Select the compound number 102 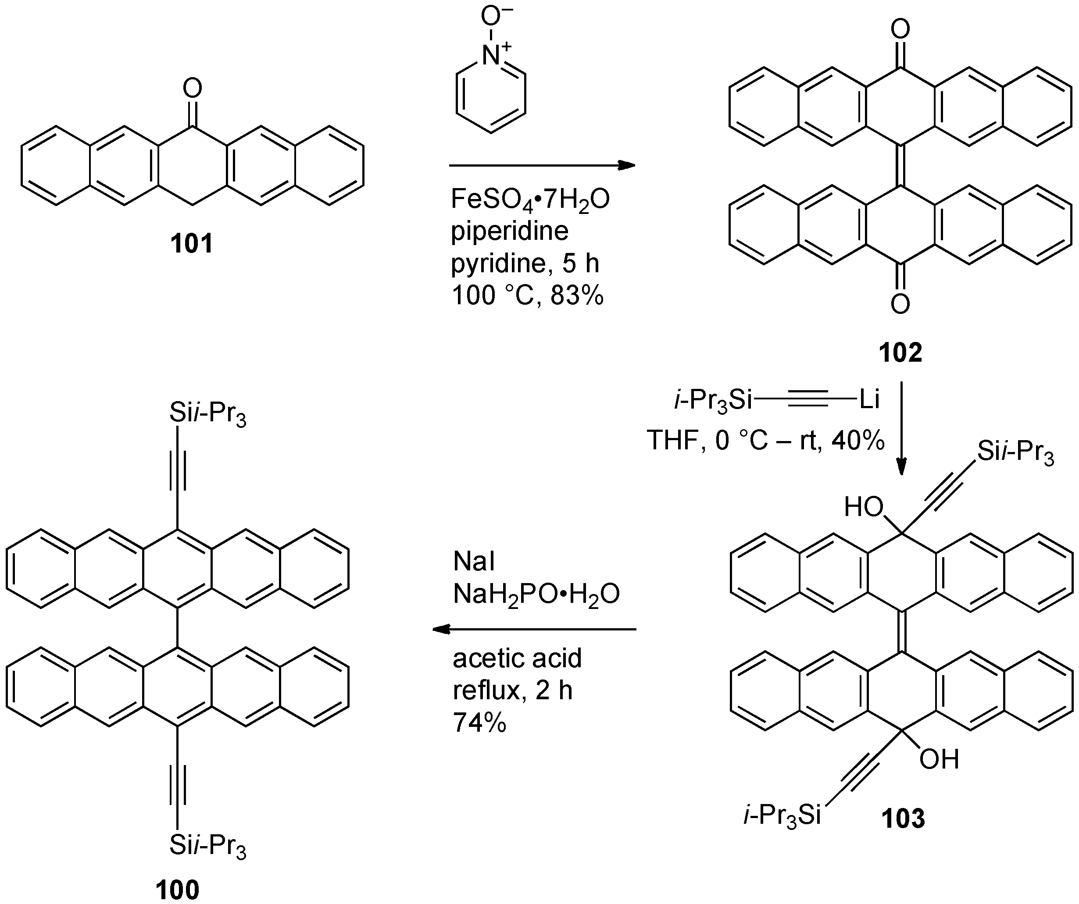coord(900,352)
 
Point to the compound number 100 coord(177,890)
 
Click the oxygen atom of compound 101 coord(192,89)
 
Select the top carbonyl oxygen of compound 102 coord(900,29)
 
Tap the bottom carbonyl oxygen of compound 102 coord(900,304)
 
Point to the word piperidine coord(510,231)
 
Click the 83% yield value coord(576,296)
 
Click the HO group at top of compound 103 coord(864,508)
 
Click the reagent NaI coord(474,562)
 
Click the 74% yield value coord(479,723)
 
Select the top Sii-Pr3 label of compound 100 coord(207,414)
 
